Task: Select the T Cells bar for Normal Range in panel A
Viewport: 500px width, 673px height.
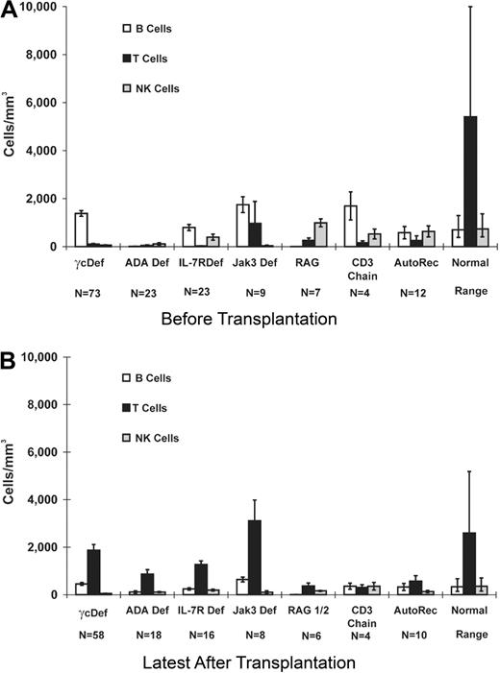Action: coord(471,181)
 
